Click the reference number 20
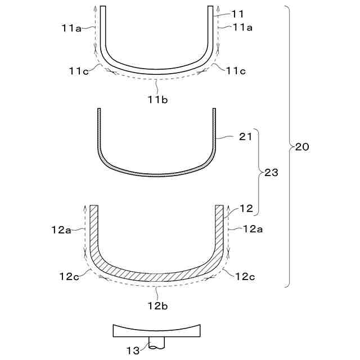[x=302, y=147]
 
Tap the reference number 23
[x=271, y=173]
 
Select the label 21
[x=246, y=137]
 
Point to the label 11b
[x=157, y=100]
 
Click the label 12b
[x=157, y=306]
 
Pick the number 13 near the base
[x=133, y=350]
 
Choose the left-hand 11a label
[x=71, y=28]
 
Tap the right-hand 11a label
[x=242, y=28]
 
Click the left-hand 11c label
[x=79, y=71]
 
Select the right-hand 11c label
[x=236, y=71]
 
